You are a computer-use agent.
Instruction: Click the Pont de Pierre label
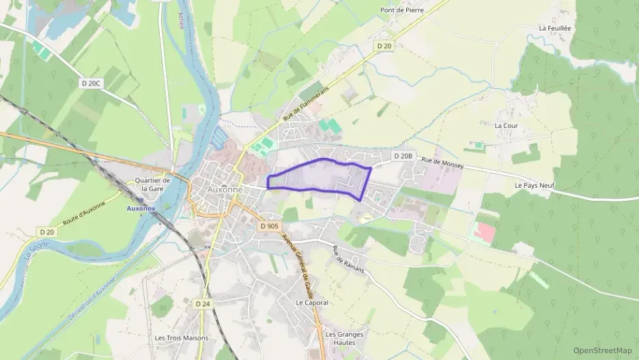[401, 10]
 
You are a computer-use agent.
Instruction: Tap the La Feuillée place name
[554, 28]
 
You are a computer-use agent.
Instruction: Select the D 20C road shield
[90, 83]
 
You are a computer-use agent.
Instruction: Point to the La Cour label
[507, 126]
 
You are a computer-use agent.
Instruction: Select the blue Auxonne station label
[141, 208]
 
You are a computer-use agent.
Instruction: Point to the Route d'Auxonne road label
[84, 214]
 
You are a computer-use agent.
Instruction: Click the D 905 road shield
[269, 225]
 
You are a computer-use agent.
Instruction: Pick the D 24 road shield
[202, 303]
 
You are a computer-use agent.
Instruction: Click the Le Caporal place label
[312, 302]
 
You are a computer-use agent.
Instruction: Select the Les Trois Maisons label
[182, 337]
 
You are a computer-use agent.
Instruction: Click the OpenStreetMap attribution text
[602, 350]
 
